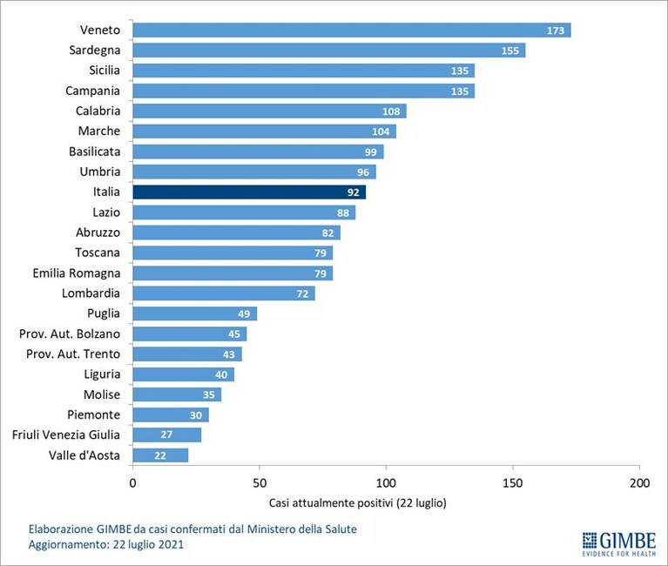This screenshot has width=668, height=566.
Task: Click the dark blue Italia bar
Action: (249, 192)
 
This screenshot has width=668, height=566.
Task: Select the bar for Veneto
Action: (352, 30)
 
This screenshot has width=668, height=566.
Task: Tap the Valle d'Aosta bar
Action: (160, 455)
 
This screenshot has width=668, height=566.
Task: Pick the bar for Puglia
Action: (195, 313)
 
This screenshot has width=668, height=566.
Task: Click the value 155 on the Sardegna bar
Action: (510, 51)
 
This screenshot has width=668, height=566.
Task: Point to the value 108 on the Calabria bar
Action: (391, 111)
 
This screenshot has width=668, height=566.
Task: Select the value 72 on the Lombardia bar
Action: (302, 293)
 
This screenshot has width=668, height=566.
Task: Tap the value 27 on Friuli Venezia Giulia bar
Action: (166, 435)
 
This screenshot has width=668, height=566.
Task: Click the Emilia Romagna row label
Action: (77, 273)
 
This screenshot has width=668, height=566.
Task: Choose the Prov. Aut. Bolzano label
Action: (70, 334)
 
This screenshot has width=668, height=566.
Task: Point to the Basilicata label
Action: (95, 152)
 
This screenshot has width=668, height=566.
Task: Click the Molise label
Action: (102, 394)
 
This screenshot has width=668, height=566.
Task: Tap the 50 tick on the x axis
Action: (260, 483)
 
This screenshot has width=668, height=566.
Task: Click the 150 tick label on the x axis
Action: (512, 483)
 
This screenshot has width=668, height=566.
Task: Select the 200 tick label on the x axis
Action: (639, 483)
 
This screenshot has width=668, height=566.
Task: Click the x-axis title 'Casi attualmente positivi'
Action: (331, 503)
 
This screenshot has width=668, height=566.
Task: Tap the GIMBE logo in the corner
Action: (619, 544)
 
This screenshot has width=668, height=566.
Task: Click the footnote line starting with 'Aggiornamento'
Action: (106, 544)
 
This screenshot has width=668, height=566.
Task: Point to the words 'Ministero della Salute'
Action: (302, 529)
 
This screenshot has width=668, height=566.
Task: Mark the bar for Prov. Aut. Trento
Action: (187, 354)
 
